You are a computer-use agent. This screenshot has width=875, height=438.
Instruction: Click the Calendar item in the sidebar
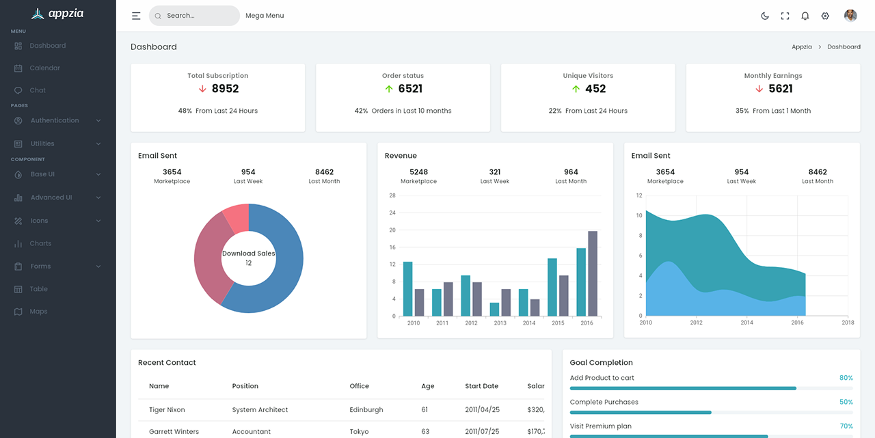[44, 68]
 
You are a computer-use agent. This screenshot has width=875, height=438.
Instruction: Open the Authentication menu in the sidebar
[55, 120]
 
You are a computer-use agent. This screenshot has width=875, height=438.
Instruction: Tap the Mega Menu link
[265, 16]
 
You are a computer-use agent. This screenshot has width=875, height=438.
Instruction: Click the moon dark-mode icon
[765, 16]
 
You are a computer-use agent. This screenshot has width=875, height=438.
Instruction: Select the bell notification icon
[805, 16]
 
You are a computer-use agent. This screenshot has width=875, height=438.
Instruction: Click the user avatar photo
[850, 16]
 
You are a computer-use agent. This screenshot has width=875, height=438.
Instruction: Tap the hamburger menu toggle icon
[136, 16]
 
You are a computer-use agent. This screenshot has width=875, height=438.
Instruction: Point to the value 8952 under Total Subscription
[225, 89]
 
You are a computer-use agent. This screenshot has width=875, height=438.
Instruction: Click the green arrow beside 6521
[389, 89]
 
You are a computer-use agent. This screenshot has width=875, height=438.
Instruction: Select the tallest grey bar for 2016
[593, 273]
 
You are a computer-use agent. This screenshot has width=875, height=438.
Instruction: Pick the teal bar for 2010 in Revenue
[407, 288]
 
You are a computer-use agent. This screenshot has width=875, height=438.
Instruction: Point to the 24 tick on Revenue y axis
[392, 213]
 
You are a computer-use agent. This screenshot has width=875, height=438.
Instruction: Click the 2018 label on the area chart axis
[848, 323]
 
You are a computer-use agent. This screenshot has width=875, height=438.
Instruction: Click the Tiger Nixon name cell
[167, 410]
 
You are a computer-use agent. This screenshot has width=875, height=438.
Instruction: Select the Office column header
[359, 386]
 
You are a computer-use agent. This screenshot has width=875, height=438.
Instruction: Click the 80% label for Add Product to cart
[846, 378]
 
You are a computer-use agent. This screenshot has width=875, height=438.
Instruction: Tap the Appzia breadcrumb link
[802, 47]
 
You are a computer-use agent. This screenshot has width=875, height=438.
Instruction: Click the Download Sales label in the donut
[248, 254]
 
